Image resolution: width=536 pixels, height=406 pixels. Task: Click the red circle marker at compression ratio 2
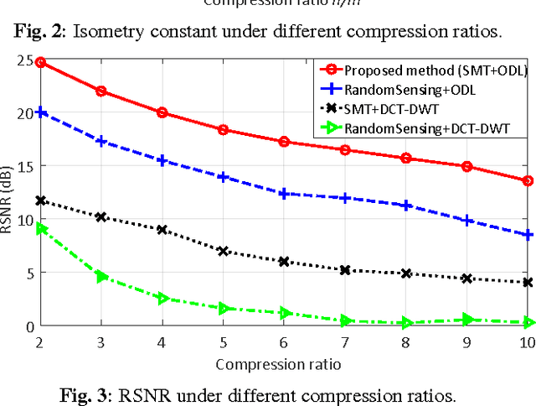[x=40, y=62]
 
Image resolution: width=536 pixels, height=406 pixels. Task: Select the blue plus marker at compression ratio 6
[x=284, y=194]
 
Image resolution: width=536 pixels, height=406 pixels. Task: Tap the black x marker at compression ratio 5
[x=223, y=251]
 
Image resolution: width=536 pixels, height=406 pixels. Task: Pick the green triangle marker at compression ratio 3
[x=101, y=276]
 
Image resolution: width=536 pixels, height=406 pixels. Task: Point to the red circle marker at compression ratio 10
[x=528, y=180]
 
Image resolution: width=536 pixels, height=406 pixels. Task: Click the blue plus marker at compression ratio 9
[x=467, y=221]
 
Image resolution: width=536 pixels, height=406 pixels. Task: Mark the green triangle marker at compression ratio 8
[x=406, y=323]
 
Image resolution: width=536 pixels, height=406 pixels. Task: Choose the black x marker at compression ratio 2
[x=40, y=200]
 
